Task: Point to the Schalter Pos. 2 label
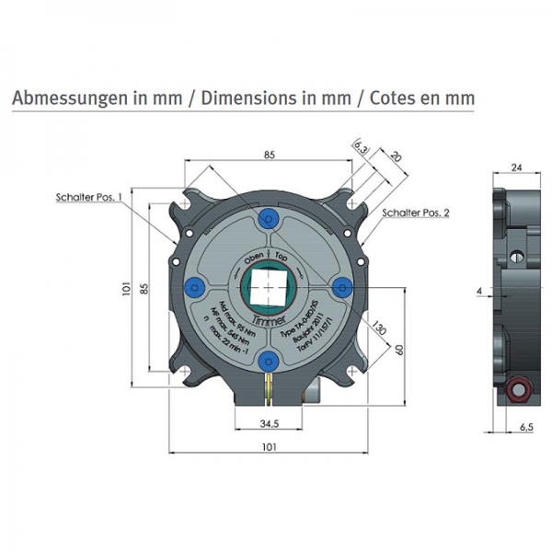coord(416,213)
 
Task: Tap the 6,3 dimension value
coord(360,146)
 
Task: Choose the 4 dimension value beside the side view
coord(479,291)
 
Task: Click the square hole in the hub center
coord(268,287)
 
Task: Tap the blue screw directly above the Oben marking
coord(268,217)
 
